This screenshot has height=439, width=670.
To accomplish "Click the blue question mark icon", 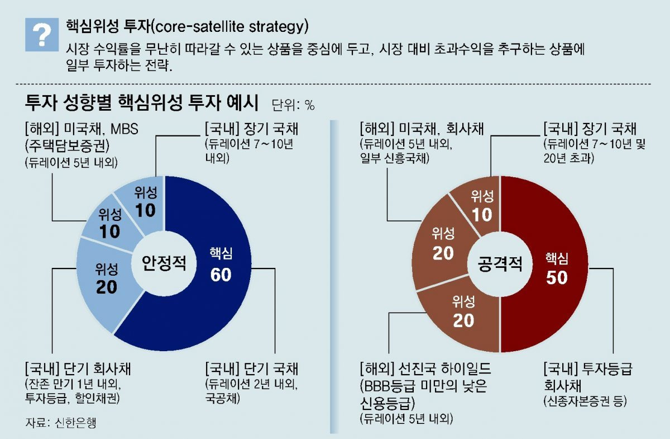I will (42, 35).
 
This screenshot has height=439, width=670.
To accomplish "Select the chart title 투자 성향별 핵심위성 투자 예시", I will (142, 103).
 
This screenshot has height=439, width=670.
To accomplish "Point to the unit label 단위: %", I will (293, 105).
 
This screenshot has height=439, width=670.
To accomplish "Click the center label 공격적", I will (500, 264).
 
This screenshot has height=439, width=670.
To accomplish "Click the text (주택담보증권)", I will (68, 147).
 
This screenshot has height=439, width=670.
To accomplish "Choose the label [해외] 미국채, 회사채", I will (421, 129).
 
